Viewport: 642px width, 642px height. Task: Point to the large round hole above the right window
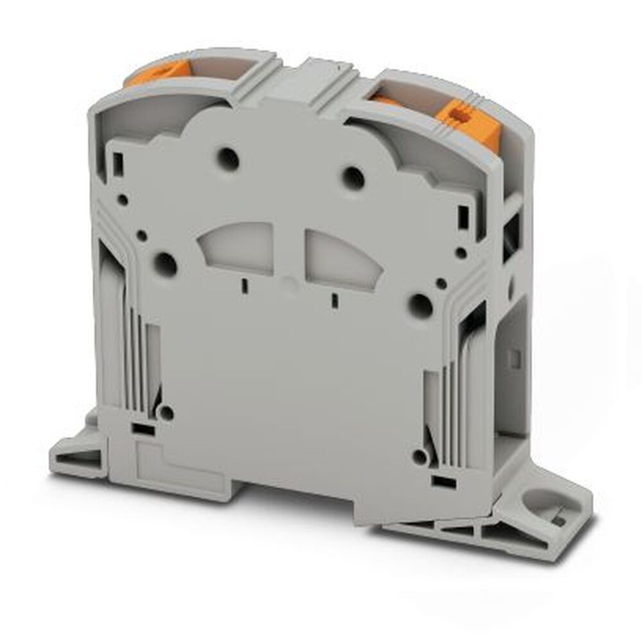click(x=352, y=178)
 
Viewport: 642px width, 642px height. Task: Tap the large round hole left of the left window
click(x=166, y=263)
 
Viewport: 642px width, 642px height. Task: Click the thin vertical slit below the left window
click(x=244, y=286)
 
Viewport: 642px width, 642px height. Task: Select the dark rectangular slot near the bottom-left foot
click(x=144, y=429)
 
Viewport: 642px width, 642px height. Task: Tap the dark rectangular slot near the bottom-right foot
click(x=442, y=480)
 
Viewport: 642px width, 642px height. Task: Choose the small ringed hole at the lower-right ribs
click(x=419, y=457)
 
